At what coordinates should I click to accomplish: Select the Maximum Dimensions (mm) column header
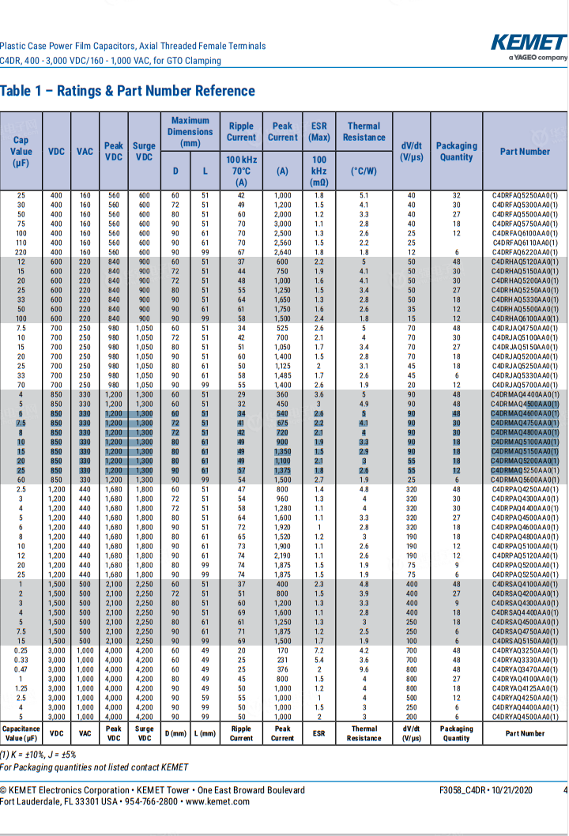190,132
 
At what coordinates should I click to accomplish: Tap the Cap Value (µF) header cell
21,151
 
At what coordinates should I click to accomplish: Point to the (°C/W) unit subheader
364,171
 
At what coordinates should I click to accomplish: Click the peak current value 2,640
282,252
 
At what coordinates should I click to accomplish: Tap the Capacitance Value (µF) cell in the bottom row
21,733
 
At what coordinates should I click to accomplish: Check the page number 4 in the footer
564,790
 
